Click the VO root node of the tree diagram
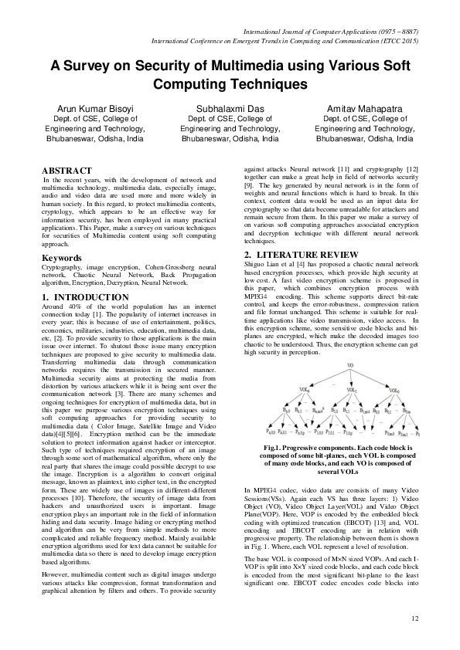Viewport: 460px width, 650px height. pos(349,364)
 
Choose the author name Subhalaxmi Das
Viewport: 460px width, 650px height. pos(230,109)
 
